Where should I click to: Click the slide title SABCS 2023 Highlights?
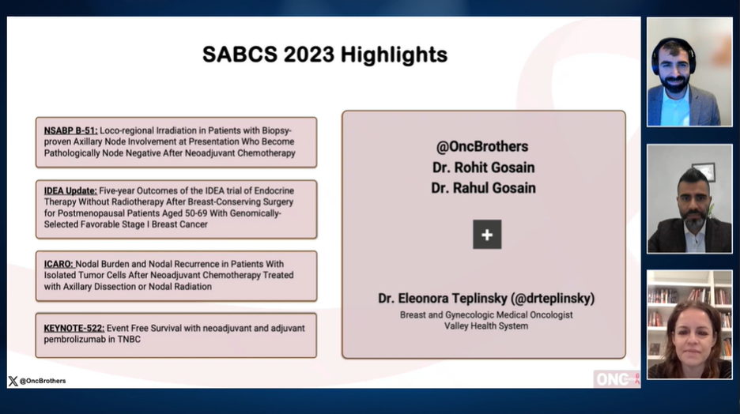[324, 55]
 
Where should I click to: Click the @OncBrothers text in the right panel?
[482, 146]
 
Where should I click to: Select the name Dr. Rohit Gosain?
[483, 167]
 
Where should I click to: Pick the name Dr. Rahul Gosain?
[483, 187]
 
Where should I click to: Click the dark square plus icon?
[487, 235]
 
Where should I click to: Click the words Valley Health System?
[485, 326]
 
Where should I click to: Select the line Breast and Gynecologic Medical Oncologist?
[485, 314]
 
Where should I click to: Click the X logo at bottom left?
[13, 381]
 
